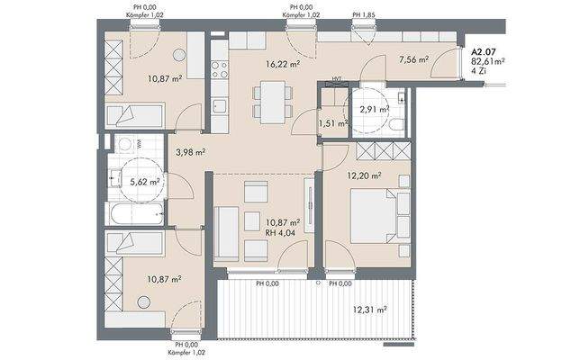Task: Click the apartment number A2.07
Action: pyautogui.click(x=484, y=53)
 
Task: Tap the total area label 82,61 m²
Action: pyautogui.click(x=488, y=61)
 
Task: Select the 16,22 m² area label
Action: pyautogui.click(x=283, y=65)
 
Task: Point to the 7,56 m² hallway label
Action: pyautogui.click(x=414, y=59)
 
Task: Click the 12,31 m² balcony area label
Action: pyautogui.click(x=369, y=310)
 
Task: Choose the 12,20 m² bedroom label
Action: pyautogui.click(x=364, y=175)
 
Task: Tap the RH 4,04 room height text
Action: pyautogui.click(x=280, y=233)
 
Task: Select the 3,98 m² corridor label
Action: pyautogui.click(x=190, y=153)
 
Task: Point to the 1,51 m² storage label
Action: pyautogui.click(x=333, y=124)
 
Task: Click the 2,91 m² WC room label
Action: pyautogui.click(x=375, y=110)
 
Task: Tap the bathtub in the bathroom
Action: pyautogui.click(x=136, y=214)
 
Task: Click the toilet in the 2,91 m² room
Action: pyautogui.click(x=397, y=124)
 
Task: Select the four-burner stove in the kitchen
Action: pyautogui.click(x=220, y=70)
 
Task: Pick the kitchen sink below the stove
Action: pyautogui.click(x=220, y=106)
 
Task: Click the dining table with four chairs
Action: pyautogui.click(x=273, y=102)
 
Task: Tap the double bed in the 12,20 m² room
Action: pyautogui.click(x=374, y=216)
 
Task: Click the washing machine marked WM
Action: pyautogui.click(x=124, y=144)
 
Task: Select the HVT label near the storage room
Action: pyautogui.click(x=336, y=79)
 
